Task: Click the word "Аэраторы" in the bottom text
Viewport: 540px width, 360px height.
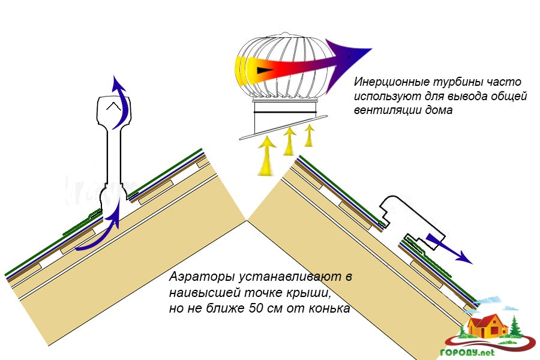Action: (x=200, y=279)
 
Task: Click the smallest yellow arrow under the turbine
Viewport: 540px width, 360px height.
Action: (x=310, y=134)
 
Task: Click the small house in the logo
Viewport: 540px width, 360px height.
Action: (x=488, y=325)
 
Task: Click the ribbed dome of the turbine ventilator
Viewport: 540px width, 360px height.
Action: (x=282, y=66)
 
